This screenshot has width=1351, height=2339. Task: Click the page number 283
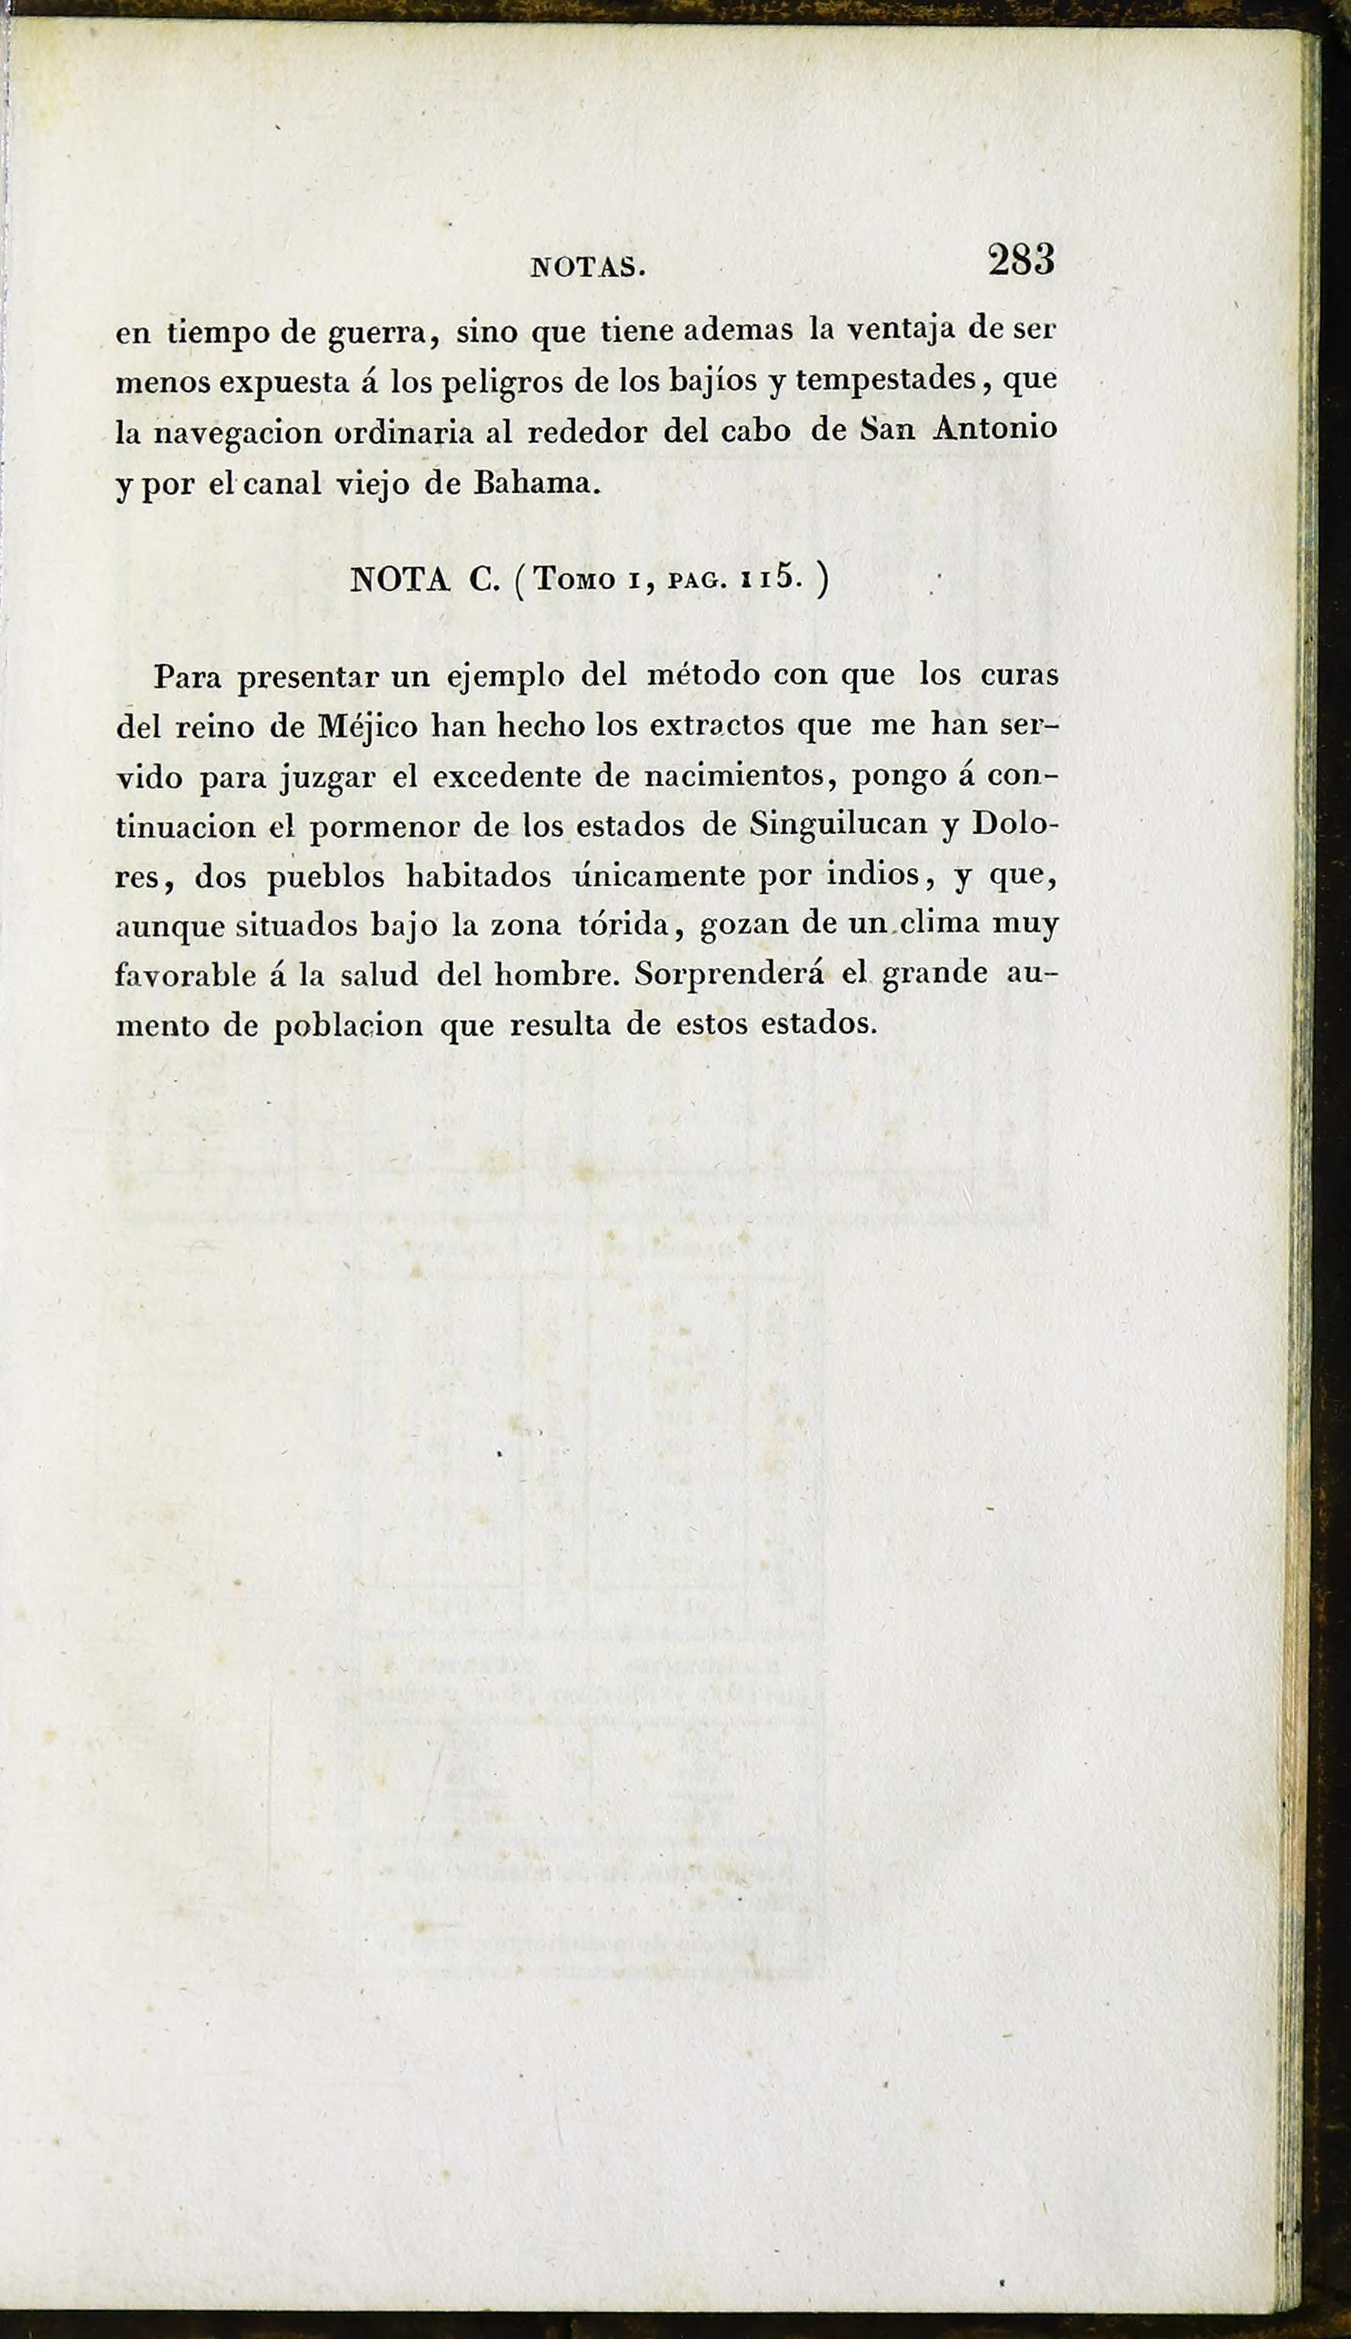tap(1021, 261)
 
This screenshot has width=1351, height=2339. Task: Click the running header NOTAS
tap(586, 269)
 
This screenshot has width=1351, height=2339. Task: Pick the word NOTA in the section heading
tap(399, 580)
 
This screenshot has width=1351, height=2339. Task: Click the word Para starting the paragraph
tap(188, 676)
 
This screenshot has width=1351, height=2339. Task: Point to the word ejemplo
tap(505, 677)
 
